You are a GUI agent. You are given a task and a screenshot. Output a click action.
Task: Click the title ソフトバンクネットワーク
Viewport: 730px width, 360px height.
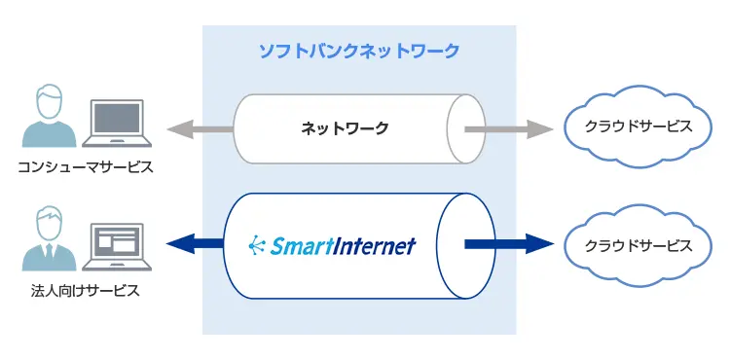coord(358,51)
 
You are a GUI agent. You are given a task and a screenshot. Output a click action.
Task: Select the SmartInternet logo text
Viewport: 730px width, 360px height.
coord(340,244)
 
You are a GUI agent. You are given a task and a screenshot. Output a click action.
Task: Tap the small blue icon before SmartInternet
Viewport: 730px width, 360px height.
coord(257,243)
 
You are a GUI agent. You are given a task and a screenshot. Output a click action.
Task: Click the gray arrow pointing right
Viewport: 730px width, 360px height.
coord(507,127)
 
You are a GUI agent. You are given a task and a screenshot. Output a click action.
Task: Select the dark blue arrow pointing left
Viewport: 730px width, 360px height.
coord(193,244)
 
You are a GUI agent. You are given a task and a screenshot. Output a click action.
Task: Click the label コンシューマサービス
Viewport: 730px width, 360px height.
coord(86,167)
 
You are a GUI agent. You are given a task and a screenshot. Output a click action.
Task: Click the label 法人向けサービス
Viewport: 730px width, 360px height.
coord(86,289)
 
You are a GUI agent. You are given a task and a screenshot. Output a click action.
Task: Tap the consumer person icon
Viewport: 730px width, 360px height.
coord(49,119)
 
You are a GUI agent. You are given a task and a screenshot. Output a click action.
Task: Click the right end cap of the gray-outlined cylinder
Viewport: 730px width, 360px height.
coord(464,127)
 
